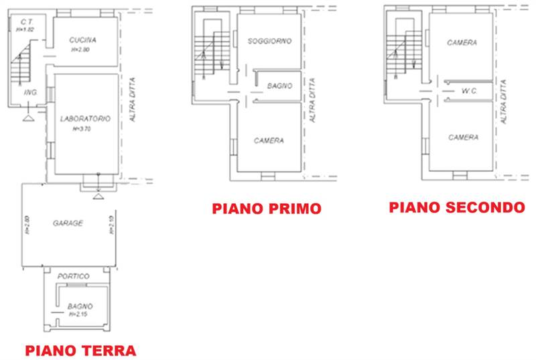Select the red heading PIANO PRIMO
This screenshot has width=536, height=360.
coord(267,208)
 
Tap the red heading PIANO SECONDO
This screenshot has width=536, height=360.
coord(457,207)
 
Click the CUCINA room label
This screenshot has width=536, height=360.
coord(83,40)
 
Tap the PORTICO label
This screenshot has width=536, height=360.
coord(74,276)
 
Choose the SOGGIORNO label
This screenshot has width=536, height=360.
coord(269,42)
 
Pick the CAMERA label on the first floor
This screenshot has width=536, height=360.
coord(269,141)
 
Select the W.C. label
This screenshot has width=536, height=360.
coord(469,91)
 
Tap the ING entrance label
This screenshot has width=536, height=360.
coord(29,92)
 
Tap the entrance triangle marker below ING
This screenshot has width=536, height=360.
coord(28,119)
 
